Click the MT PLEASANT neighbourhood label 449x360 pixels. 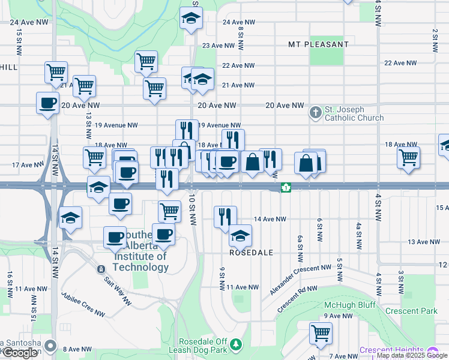click(x=318, y=44)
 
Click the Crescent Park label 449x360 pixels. click(x=411, y=311)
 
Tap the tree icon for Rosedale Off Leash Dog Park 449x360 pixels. click(x=237, y=344)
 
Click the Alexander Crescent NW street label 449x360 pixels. click(x=300, y=280)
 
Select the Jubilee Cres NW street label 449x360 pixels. click(x=83, y=305)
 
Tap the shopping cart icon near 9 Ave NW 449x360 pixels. click(x=321, y=332)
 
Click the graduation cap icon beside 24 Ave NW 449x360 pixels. click(x=191, y=19)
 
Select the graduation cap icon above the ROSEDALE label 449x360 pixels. click(x=240, y=236)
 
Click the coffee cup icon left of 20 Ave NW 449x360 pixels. click(x=47, y=103)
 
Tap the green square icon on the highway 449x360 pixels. click(x=286, y=187)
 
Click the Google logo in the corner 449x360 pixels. click(x=20, y=353)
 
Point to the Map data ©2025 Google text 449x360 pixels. click(x=412, y=356)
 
